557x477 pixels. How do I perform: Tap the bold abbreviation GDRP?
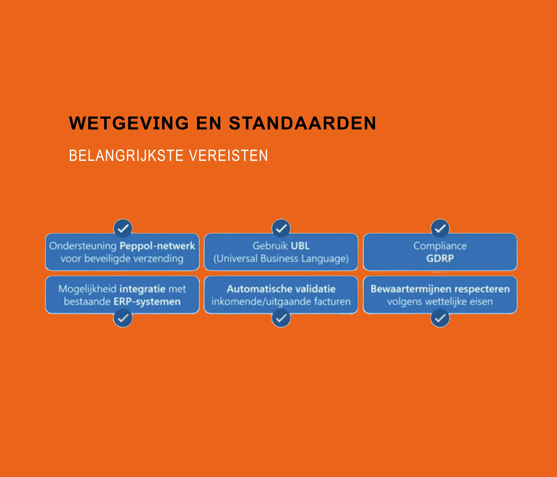(x=440, y=258)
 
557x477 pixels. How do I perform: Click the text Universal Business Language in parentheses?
(x=281, y=259)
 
